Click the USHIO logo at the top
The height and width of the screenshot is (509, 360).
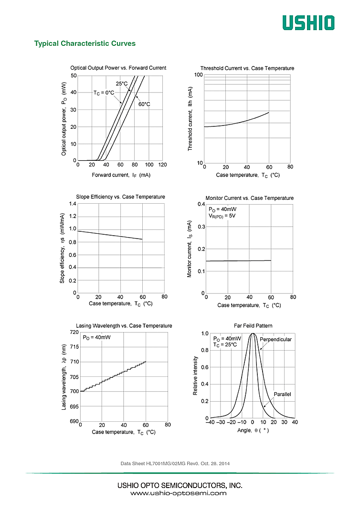(x=308, y=22)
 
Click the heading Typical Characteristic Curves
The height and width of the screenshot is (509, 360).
(x=85, y=43)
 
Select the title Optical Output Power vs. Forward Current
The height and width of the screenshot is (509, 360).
(x=118, y=68)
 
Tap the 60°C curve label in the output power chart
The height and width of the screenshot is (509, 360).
(x=144, y=104)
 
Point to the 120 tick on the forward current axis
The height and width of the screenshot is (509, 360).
(x=162, y=165)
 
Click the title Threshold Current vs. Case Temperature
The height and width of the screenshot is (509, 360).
(x=247, y=68)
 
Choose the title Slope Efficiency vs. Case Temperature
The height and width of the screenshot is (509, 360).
(x=121, y=197)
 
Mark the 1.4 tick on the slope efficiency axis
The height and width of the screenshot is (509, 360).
(x=73, y=204)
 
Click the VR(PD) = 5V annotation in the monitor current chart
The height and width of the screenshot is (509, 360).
(x=222, y=216)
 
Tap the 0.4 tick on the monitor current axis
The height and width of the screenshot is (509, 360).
(x=201, y=204)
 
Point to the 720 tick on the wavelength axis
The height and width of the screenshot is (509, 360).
(x=74, y=332)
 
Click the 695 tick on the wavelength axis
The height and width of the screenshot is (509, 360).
(x=74, y=406)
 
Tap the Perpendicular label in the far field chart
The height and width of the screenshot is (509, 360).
(x=275, y=339)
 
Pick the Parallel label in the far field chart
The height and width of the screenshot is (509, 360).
(x=282, y=394)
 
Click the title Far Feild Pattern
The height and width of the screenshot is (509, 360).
(x=253, y=325)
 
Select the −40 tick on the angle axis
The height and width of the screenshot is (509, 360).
(x=210, y=422)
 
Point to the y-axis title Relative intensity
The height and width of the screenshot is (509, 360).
(x=195, y=376)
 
